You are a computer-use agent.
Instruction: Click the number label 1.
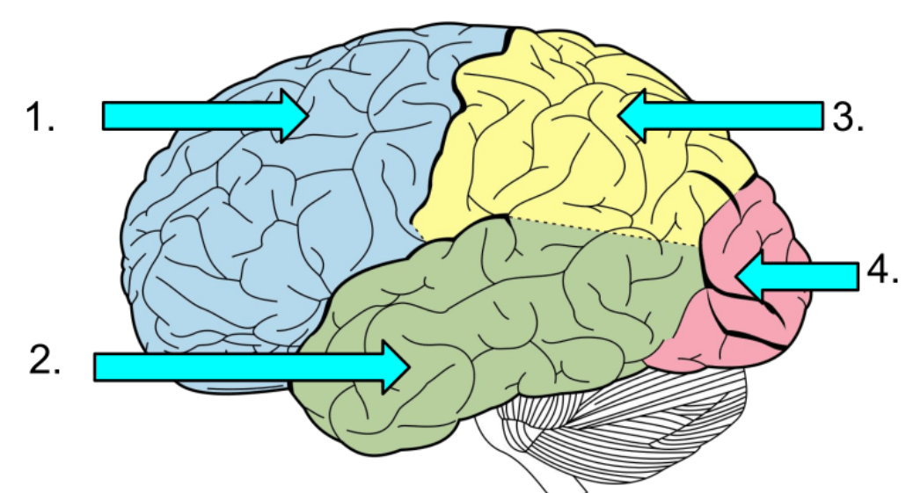pyautogui.click(x=40, y=116)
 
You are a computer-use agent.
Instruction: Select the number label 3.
pyautogui.click(x=848, y=116)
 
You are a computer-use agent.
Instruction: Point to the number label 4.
pyautogui.click(x=882, y=270)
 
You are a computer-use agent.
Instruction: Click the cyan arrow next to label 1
pyautogui.click(x=205, y=115)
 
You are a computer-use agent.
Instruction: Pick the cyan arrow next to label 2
pyautogui.click(x=252, y=367)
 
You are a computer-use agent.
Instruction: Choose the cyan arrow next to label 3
pyautogui.click(x=720, y=115)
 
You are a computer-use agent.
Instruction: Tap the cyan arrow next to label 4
pyautogui.click(x=798, y=277)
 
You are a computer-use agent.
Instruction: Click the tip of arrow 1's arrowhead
pyautogui.click(x=308, y=115)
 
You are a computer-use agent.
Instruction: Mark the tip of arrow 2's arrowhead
pyautogui.click(x=410, y=367)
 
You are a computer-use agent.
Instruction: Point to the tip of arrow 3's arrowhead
pyautogui.click(x=617, y=115)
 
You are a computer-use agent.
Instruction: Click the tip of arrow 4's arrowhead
pyautogui.click(x=736, y=277)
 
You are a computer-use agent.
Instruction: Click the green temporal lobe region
pyautogui.click(x=491, y=323)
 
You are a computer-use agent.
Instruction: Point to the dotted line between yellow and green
pyautogui.click(x=604, y=231)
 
